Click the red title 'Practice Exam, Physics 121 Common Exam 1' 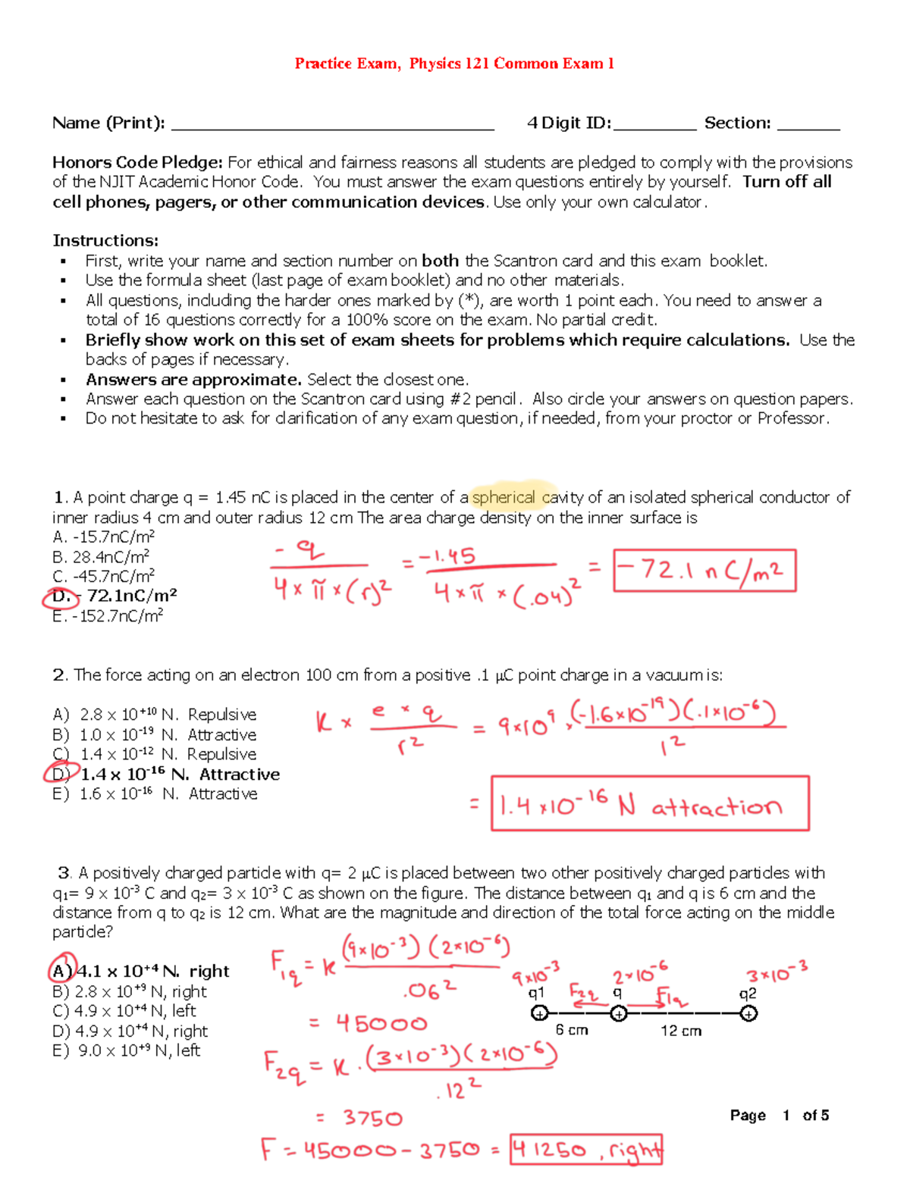tap(454, 64)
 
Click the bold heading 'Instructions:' tap(105, 241)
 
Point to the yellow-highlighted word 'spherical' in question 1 tap(504, 498)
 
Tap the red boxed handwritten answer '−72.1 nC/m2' tap(704, 571)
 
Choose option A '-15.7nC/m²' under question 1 tap(104, 537)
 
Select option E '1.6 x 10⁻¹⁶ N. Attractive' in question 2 tap(155, 794)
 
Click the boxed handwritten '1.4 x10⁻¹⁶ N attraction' tap(649, 803)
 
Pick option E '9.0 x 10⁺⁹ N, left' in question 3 tap(127, 1050)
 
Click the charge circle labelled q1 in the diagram tap(539, 1013)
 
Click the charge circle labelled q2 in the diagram tap(748, 1013)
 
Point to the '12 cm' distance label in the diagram tap(680, 1031)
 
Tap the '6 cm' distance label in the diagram tap(571, 1030)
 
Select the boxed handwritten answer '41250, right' tap(586, 1150)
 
